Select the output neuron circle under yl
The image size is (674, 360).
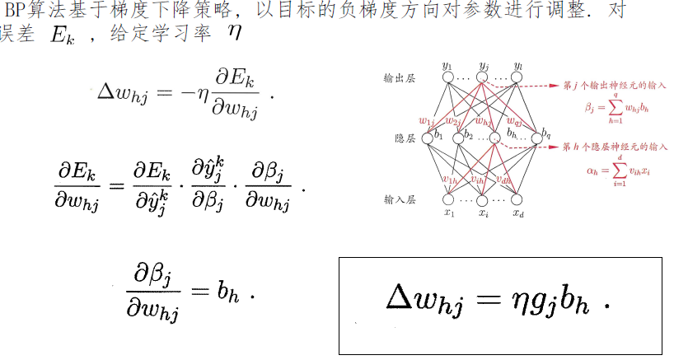point(517,78)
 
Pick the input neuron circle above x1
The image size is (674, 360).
point(448,199)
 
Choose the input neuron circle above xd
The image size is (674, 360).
point(517,199)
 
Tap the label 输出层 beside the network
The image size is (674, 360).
point(397,79)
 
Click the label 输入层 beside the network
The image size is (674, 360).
point(397,199)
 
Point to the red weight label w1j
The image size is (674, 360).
point(426,120)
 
